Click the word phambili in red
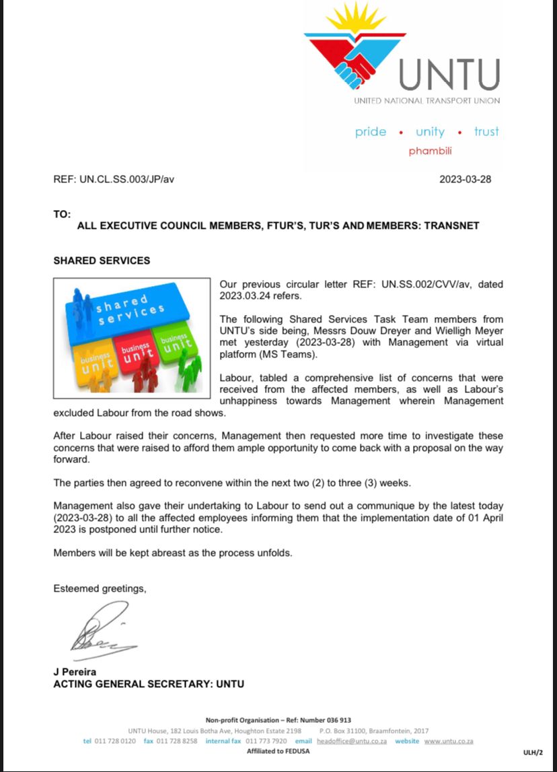pos(430,151)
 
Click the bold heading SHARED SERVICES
pos(102,260)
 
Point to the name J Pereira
pos(75,672)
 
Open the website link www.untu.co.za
pos(449,741)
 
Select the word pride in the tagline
pos(371,132)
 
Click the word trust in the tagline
pos(486,132)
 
